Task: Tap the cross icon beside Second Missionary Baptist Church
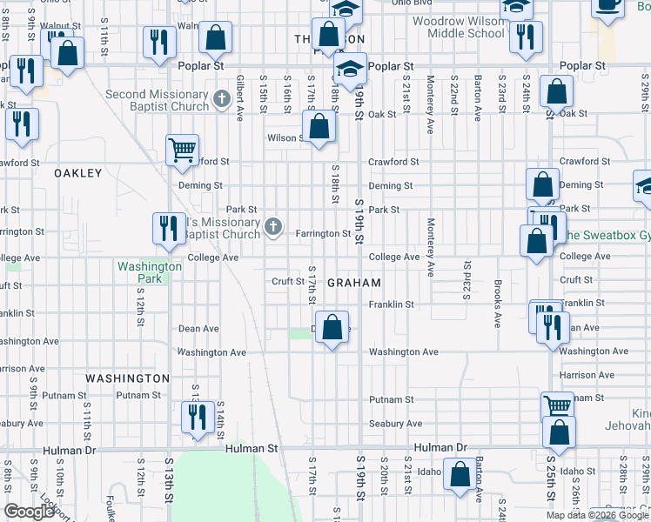point(221,98)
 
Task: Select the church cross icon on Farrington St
point(273,228)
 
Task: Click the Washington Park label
point(150,272)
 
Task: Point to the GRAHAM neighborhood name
point(354,283)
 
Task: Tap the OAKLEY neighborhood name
point(78,173)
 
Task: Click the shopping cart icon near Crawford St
point(183,151)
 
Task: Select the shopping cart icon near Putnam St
point(557,406)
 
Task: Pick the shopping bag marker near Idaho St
point(460,475)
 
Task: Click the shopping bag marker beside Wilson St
point(320,126)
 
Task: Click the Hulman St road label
point(251,448)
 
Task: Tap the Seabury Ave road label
point(395,424)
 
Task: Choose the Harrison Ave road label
point(588,375)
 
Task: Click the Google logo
point(29,512)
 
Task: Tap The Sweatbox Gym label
point(604,235)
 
